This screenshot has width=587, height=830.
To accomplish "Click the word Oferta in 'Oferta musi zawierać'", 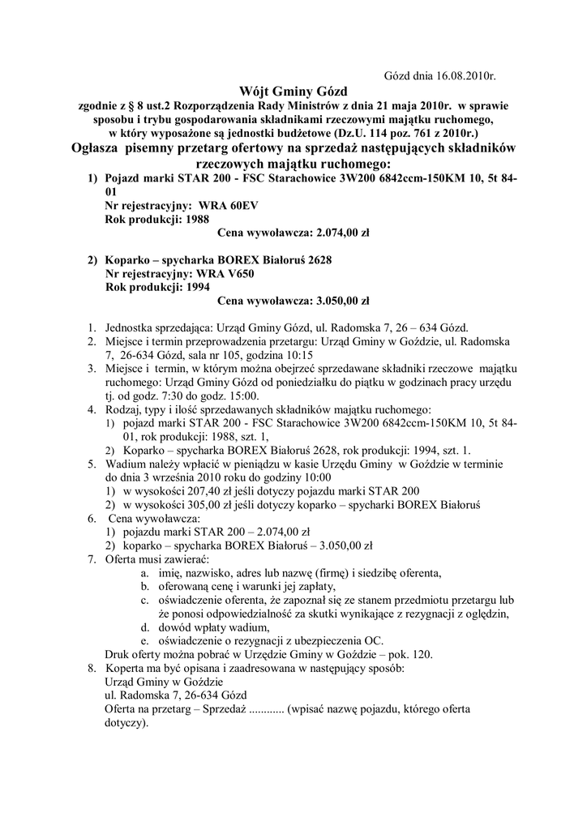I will pyautogui.click(x=122, y=559).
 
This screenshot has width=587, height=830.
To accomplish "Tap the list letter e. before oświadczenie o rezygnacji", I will pyautogui.click(x=145, y=640).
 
